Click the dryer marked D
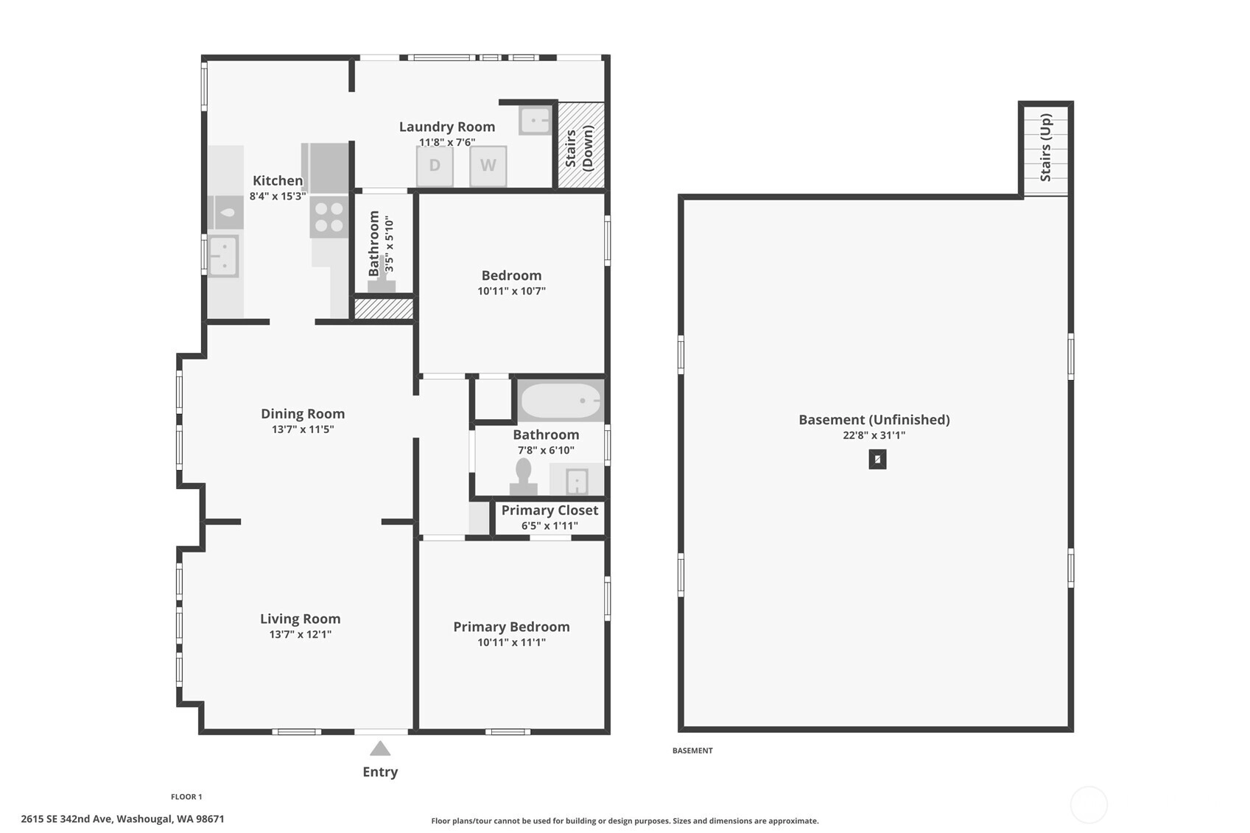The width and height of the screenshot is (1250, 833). point(435,166)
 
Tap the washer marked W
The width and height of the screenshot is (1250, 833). point(488,166)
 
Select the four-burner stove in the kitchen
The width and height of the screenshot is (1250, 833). point(329,217)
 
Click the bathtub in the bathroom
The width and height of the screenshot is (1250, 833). point(561,401)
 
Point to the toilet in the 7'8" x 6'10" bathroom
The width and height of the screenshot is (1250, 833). point(524,477)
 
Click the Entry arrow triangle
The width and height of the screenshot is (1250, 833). point(380,748)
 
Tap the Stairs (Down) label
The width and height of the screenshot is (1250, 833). point(579,148)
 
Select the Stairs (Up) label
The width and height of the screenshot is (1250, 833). point(1046,147)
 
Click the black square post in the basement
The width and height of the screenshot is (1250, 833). point(877,459)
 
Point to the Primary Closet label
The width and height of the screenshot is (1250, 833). point(549,510)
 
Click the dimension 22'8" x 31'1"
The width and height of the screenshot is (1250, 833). point(874,435)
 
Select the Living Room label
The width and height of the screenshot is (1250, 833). point(301,618)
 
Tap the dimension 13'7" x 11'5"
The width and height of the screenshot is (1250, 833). point(303,429)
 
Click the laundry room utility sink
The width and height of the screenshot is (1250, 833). point(536,121)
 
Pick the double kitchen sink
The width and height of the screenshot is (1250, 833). point(224,256)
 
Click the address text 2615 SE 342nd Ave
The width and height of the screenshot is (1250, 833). point(67,819)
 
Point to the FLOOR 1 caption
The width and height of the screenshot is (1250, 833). point(186,797)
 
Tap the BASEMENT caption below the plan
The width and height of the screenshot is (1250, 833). point(692,751)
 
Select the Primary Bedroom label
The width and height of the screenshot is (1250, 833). point(511,627)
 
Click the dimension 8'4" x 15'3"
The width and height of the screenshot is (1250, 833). point(278,196)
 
